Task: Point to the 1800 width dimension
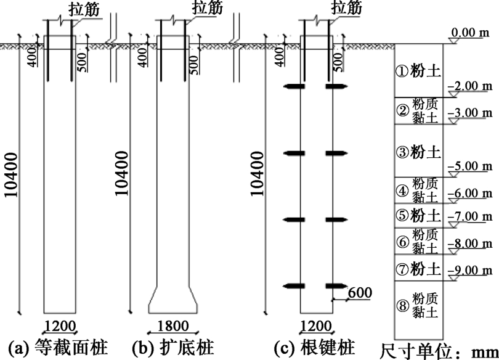click(173, 326)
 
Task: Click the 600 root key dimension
click(359, 292)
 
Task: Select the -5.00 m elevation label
click(470, 166)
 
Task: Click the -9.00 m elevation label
click(470, 269)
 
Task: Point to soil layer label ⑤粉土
click(419, 216)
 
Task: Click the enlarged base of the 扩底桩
click(173, 300)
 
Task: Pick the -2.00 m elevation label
click(470, 86)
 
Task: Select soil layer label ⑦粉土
click(419, 269)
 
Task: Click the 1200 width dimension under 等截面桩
click(60, 326)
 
